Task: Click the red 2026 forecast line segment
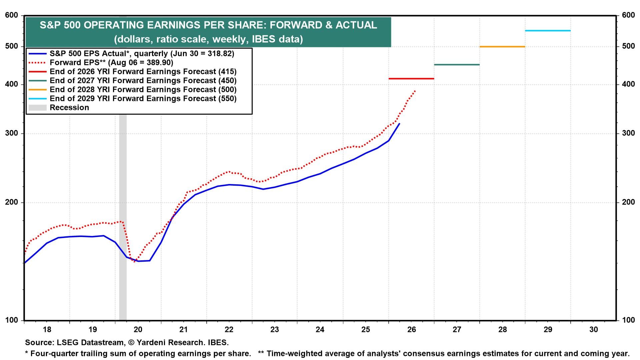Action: point(411,79)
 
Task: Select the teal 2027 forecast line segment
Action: point(457,65)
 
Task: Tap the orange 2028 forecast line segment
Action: point(502,47)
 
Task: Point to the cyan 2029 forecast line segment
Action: point(548,31)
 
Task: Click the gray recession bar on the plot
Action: point(123,217)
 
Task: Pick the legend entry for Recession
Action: point(59,108)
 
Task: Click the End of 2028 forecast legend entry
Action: point(133,90)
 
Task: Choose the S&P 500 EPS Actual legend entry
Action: point(131,54)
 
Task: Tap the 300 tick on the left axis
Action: point(12,133)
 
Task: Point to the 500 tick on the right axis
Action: point(628,46)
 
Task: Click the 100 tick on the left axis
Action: point(12,320)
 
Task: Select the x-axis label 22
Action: point(229,330)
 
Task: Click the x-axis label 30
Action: point(593,330)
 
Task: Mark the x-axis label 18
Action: point(47,330)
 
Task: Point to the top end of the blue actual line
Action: point(399,124)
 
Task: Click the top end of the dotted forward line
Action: point(415,91)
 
